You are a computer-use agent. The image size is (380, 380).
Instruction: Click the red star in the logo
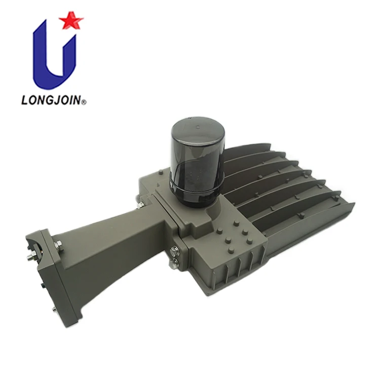71,20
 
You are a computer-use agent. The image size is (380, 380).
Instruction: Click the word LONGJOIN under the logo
51,100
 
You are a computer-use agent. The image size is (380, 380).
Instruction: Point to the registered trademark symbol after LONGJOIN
84,102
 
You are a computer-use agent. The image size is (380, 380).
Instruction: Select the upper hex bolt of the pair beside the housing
174,251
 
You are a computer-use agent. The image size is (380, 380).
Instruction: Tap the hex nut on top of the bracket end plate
59,246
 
